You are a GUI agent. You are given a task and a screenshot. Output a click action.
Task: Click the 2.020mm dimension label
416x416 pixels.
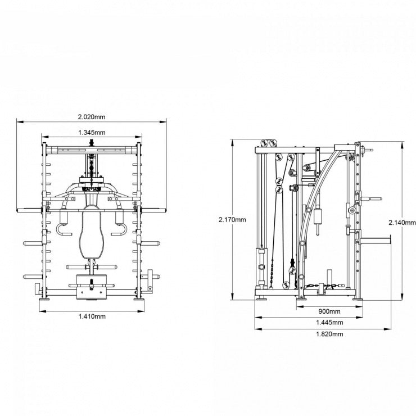pyautogui.click(x=92, y=117)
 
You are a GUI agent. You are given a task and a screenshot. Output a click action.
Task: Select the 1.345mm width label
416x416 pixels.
pyautogui.click(x=92, y=132)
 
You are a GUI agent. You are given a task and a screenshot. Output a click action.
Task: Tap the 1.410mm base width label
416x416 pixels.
pyautogui.click(x=92, y=316)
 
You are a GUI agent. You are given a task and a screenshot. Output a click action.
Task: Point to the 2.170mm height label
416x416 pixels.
pyautogui.click(x=232, y=219)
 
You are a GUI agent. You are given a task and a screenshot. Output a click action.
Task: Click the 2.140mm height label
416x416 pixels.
pyautogui.click(x=402, y=223)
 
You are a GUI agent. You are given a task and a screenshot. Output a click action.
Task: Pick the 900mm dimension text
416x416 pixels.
pyautogui.click(x=329, y=311)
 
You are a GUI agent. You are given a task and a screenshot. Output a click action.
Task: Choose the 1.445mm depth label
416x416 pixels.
pyautogui.click(x=329, y=322)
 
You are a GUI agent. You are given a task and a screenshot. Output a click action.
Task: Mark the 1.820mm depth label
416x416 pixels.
pyautogui.click(x=329, y=334)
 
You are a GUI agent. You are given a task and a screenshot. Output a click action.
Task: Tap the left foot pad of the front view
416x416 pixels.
pyautogui.click(x=44, y=300)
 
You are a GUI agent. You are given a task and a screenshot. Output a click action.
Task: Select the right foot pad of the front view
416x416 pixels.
pyautogui.click(x=139, y=300)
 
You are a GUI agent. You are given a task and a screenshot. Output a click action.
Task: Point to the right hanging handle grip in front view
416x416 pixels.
pyautogui.click(x=119, y=230)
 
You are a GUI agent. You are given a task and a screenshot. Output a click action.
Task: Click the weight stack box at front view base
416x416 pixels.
pyautogui.click(x=91, y=287)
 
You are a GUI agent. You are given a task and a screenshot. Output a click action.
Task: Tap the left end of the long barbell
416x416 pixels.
pyautogui.click(x=18, y=211)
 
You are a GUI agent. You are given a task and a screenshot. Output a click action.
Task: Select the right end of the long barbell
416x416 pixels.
pyautogui.click(x=165, y=211)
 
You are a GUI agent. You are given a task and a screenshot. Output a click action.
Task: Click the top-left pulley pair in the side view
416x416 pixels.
pyautogui.click(x=269, y=143)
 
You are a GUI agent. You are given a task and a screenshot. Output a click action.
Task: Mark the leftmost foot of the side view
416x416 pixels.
pyautogui.click(x=261, y=299)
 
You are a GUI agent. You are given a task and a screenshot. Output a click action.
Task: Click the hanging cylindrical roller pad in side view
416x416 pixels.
pyautogui.click(x=317, y=217)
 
